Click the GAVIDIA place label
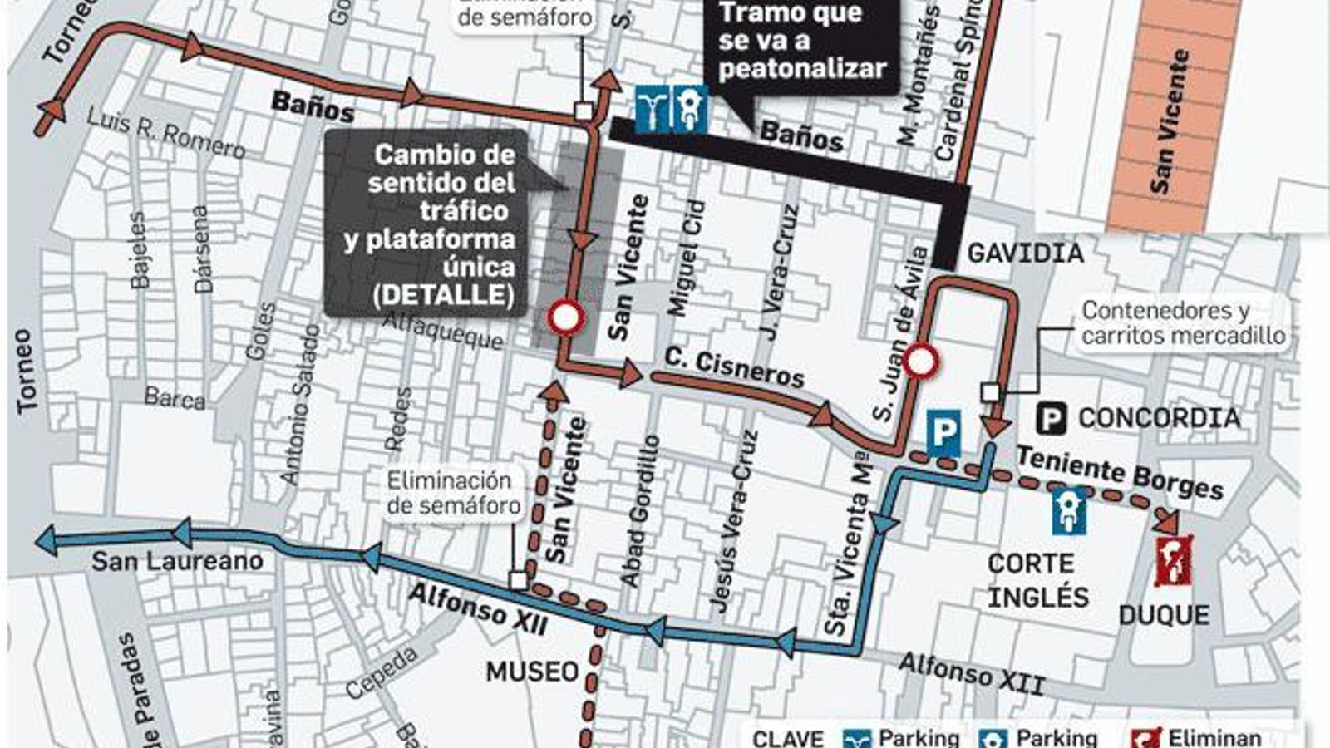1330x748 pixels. (1025, 253)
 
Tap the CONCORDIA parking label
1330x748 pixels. (1159, 418)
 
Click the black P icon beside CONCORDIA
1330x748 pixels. (1051, 418)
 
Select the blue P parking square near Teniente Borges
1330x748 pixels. (943, 433)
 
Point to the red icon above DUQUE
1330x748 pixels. (1173, 561)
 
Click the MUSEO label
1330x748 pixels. (532, 672)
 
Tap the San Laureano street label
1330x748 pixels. (177, 561)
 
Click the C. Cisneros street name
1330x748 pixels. (734, 368)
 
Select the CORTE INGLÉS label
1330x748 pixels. (1037, 580)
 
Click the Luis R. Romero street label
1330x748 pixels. (166, 133)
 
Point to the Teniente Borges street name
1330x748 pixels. (1120, 471)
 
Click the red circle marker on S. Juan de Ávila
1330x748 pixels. (921, 362)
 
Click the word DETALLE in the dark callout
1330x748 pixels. (443, 295)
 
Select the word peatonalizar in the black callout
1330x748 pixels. (802, 68)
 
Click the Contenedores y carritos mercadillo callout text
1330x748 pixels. (1183, 322)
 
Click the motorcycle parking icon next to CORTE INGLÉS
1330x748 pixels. (1068, 511)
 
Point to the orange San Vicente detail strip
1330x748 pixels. (1172, 116)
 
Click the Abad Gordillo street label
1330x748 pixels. (640, 511)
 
